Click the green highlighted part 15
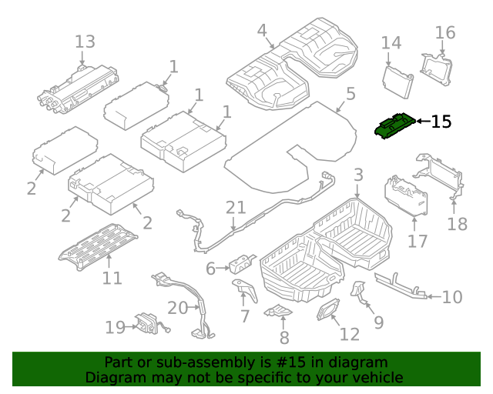pyautogui.click(x=394, y=126)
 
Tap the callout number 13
pyautogui.click(x=85, y=42)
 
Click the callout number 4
pyautogui.click(x=262, y=31)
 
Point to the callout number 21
pyautogui.click(x=235, y=207)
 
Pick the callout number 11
pyautogui.click(x=112, y=278)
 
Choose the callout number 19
pyautogui.click(x=115, y=328)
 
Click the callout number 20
pyautogui.click(x=177, y=308)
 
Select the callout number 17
pyautogui.click(x=417, y=241)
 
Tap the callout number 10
pyautogui.click(x=452, y=297)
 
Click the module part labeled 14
pyautogui.click(x=397, y=79)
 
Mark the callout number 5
pyautogui.click(x=350, y=95)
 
